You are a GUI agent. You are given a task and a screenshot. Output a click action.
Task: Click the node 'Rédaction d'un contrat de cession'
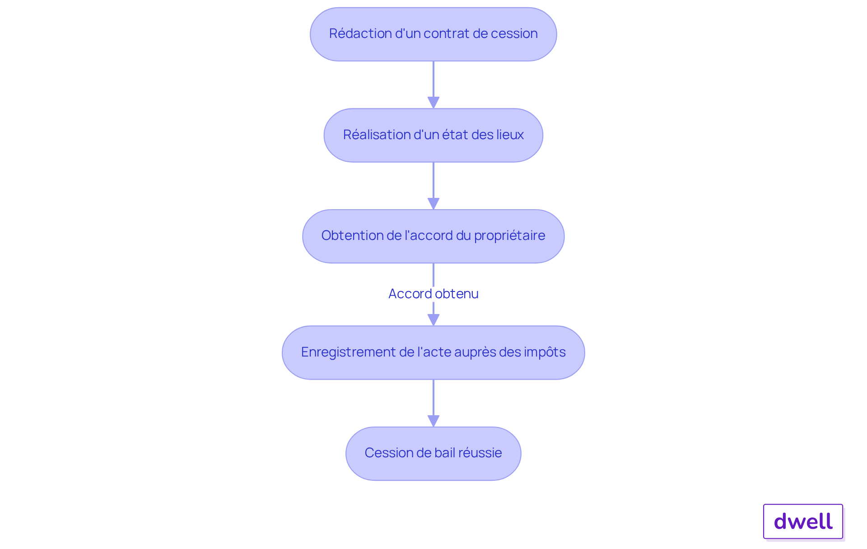(433, 34)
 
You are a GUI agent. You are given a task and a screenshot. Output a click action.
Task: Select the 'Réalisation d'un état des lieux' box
(433, 135)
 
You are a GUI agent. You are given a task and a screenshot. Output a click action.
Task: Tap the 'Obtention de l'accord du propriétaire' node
(433, 236)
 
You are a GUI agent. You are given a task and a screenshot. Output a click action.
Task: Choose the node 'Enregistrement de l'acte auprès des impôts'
(433, 352)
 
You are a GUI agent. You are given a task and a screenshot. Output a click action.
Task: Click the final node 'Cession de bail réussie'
(433, 453)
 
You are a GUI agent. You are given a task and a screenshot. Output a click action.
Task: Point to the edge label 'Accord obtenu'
(433, 294)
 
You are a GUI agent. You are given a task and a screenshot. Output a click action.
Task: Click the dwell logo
(803, 521)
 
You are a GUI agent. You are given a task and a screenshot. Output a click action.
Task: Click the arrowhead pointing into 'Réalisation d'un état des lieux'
(433, 103)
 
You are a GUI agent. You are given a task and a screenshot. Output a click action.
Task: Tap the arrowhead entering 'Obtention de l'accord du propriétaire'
(433, 204)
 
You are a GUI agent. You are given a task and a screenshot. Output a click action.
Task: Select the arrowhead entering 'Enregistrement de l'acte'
(433, 320)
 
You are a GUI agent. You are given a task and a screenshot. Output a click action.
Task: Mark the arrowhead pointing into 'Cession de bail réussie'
(433, 421)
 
